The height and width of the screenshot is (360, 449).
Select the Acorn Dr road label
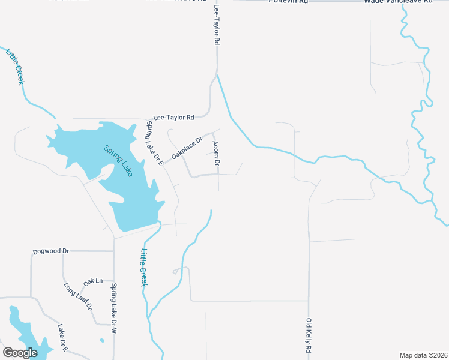217,154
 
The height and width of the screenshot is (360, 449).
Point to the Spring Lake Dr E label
155,143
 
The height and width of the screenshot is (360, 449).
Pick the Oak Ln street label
93,281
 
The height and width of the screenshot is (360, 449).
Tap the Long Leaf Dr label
79,295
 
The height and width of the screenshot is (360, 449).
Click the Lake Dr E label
63,337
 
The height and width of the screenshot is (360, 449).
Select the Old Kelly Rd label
309,335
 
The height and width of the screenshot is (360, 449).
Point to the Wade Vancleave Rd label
398,2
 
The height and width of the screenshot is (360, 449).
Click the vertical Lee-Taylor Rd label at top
217,26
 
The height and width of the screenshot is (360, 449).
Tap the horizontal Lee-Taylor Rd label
174,118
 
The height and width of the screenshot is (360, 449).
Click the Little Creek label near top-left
15,67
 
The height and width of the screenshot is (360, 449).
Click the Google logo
20,353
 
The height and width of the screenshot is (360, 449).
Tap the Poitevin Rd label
288,2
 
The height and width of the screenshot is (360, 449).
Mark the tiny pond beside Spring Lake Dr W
102,341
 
